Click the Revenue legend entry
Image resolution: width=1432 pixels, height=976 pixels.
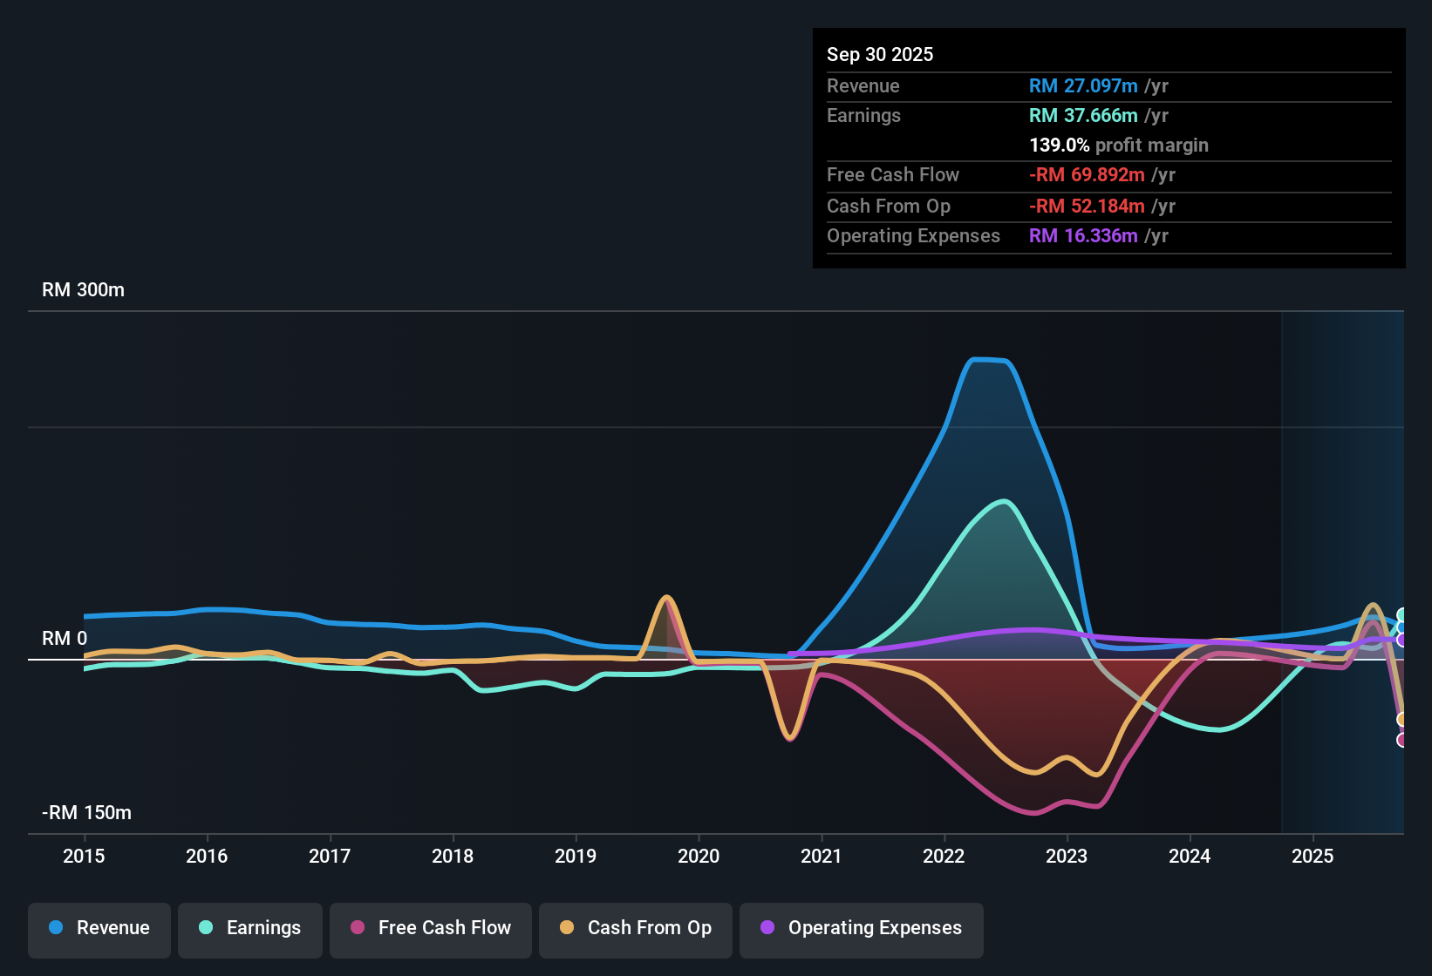[99, 928]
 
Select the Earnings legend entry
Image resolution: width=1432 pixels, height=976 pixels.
[250, 928]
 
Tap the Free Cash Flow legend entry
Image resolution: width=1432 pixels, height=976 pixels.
[431, 928]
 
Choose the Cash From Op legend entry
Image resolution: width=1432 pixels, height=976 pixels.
[636, 928]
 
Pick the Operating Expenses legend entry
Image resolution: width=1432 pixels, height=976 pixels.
[862, 928]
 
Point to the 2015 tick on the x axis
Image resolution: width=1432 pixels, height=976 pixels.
[84, 856]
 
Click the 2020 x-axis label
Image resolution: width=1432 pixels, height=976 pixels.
[699, 856]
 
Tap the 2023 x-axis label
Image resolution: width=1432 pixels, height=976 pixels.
[1067, 856]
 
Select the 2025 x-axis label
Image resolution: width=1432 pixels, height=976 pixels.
[1313, 856]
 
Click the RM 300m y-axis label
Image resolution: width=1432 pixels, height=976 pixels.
[83, 290]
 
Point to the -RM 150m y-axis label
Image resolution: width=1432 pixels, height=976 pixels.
[86, 813]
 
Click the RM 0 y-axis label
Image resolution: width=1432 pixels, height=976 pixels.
[65, 639]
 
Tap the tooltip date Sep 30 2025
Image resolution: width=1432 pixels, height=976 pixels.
[880, 55]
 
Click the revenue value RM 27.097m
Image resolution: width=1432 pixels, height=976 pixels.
[1083, 86]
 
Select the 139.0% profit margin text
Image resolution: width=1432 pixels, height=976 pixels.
[1119, 146]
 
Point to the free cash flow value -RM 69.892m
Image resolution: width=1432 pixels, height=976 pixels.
[1087, 175]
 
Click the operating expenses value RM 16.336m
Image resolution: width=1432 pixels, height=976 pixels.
[1083, 236]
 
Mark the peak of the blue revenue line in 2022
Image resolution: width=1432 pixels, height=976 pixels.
[990, 359]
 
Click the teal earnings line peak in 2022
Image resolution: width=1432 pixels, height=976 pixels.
[1005, 501]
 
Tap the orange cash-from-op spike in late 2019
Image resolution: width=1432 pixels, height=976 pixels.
[666, 598]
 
